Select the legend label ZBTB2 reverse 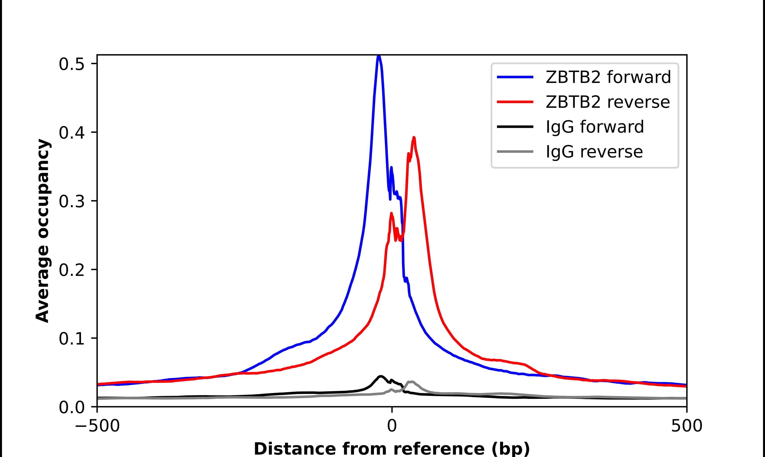607,102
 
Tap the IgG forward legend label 594,127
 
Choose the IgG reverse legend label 594,152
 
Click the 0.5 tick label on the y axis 71,64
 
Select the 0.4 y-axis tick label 71,133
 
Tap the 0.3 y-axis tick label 71,202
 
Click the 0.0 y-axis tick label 71,407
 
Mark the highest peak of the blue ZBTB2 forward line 379,56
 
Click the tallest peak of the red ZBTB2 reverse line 414,138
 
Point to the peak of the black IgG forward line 381,376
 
